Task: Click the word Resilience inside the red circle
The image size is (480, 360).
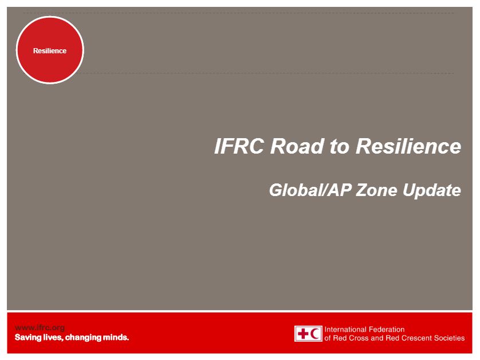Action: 50,51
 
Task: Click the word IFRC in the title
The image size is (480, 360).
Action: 239,146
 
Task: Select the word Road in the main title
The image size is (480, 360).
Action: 297,146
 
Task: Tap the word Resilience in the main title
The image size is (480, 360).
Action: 408,146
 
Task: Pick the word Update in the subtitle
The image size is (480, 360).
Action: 432,191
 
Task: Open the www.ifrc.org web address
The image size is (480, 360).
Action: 40,328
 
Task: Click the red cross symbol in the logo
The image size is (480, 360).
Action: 303,334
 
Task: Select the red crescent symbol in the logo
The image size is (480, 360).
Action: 315,334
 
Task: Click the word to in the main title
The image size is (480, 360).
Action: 340,146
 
